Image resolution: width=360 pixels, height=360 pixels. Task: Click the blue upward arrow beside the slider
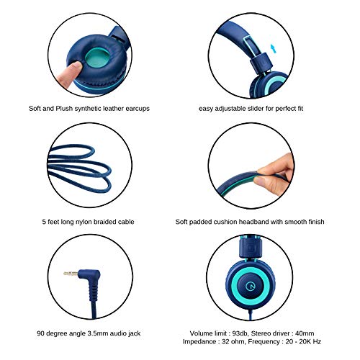(x=273, y=48)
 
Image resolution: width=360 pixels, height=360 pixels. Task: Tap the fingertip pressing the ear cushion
(x=73, y=68)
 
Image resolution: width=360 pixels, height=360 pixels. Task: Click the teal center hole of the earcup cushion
(x=96, y=58)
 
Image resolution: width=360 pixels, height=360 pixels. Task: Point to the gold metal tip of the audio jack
(x=71, y=273)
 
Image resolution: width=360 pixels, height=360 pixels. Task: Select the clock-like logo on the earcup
(x=251, y=286)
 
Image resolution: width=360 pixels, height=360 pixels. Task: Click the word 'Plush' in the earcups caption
(x=64, y=109)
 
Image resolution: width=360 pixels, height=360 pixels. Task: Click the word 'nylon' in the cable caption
(x=84, y=222)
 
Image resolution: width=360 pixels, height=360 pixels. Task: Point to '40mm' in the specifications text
(x=305, y=333)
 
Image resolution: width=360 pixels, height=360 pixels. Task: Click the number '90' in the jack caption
(x=41, y=333)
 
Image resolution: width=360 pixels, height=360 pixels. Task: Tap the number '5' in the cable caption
(x=44, y=222)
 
